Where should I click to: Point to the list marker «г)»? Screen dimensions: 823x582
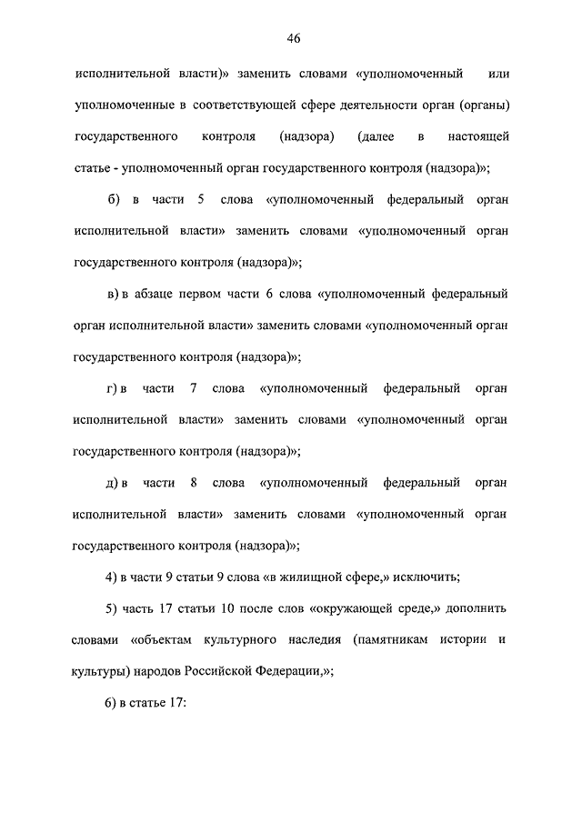point(115,388)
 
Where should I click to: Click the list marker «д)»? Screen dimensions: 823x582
point(115,482)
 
